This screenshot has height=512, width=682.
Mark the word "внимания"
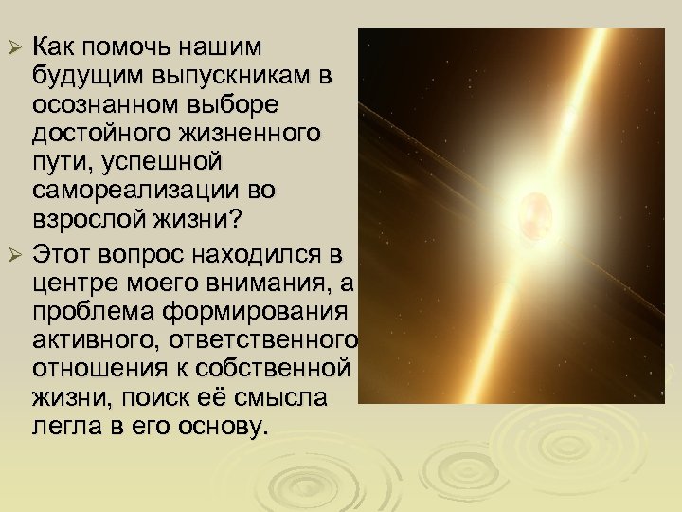260,282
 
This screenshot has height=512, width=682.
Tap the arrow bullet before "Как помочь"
14,47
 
